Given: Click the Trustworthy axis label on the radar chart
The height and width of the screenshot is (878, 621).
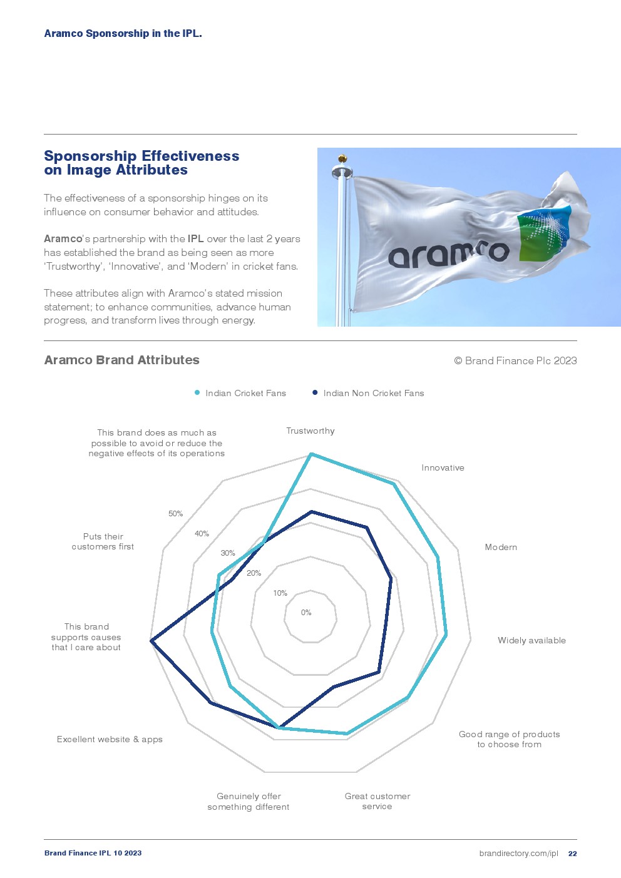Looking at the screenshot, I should click(x=310, y=431).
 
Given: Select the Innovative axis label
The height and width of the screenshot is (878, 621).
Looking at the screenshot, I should click(x=443, y=467).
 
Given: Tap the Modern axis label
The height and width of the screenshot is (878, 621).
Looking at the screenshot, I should click(x=501, y=547).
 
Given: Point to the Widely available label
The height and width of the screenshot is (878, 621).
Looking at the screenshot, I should click(x=531, y=640).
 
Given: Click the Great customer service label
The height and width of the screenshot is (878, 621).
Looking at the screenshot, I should click(x=377, y=801).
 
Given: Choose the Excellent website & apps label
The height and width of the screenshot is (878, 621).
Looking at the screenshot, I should click(x=110, y=739).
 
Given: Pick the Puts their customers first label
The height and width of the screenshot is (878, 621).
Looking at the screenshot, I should click(x=103, y=541).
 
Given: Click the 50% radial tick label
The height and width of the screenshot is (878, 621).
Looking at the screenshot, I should click(x=175, y=514).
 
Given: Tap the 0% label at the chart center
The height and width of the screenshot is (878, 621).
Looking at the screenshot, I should click(x=306, y=613).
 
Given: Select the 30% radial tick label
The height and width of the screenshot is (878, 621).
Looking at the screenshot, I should click(x=228, y=553).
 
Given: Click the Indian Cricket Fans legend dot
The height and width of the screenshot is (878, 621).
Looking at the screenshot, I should click(x=197, y=393).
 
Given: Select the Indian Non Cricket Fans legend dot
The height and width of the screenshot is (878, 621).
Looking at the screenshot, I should click(x=315, y=393).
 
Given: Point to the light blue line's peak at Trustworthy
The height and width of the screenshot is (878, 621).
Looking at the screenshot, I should click(x=311, y=454).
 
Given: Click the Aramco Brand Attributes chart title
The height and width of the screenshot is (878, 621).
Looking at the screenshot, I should click(x=121, y=360).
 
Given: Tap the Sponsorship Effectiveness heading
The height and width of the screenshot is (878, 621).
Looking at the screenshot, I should click(x=141, y=163).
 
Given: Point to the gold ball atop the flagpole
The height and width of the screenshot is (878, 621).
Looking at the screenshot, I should click(x=342, y=159).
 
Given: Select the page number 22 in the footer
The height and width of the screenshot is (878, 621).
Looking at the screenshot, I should click(x=572, y=854).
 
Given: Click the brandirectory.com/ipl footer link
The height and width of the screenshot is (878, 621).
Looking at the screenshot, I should click(x=518, y=854).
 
